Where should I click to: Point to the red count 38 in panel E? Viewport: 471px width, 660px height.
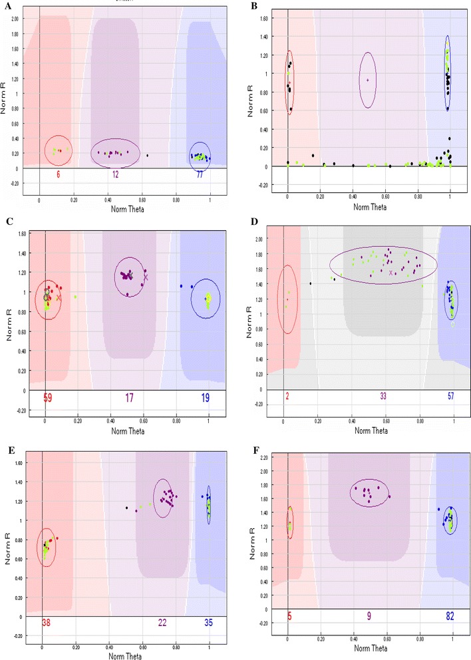47,623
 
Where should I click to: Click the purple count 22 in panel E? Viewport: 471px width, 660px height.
162,623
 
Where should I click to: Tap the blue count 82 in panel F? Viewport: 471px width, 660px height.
452,617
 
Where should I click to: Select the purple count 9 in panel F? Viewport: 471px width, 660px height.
369,617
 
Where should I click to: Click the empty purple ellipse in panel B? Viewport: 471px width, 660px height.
367,80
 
